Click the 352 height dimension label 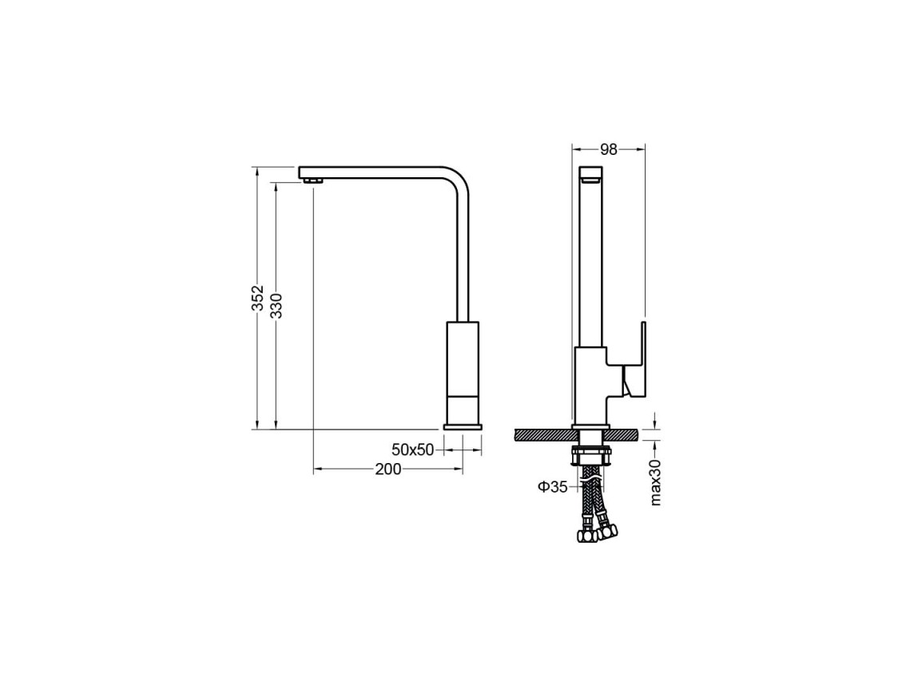point(257,298)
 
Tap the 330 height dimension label point(276,305)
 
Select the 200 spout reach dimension point(388,469)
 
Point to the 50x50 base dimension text point(413,449)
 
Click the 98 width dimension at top point(609,150)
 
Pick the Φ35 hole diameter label point(553,487)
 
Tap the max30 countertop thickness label point(656,481)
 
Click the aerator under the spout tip point(313,182)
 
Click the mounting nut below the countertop point(592,455)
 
